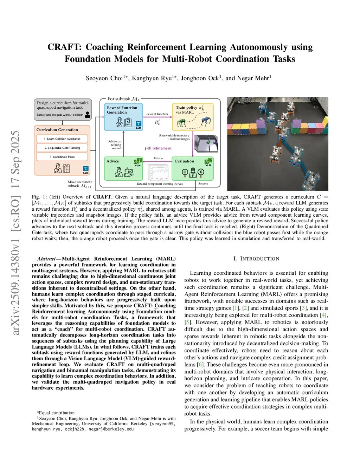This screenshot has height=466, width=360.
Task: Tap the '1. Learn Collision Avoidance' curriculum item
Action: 62,139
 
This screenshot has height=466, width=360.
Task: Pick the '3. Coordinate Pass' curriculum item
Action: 62,157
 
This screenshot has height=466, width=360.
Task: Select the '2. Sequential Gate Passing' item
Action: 62,148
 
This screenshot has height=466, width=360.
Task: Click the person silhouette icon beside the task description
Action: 88,115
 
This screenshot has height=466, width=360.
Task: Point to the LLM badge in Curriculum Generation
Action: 85,169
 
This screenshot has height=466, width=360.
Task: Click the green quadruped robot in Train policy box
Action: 182,122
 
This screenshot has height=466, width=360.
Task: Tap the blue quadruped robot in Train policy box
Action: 206,121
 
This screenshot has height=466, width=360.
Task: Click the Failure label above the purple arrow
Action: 158,158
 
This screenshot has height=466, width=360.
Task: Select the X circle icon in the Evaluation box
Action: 201,172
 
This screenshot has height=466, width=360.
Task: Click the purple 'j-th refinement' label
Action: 158,148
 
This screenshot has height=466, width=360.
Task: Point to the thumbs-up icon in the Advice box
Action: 129,172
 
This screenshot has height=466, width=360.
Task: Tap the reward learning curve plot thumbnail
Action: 158,173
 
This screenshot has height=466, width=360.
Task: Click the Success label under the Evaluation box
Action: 203,184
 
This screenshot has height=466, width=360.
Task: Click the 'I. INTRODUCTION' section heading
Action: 256,259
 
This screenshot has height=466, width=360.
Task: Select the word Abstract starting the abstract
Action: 46,259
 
